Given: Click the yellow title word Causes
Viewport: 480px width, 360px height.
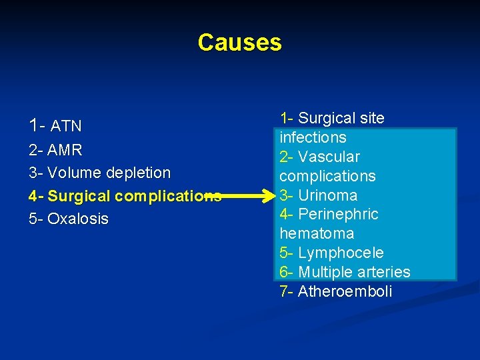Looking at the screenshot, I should click(x=239, y=43).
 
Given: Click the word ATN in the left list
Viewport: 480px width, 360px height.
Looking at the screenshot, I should click(x=66, y=126).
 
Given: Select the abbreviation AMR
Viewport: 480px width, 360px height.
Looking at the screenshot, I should click(x=65, y=149).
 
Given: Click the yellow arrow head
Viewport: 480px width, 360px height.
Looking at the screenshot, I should click(x=270, y=196).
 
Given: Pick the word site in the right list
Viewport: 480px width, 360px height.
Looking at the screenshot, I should click(x=371, y=118).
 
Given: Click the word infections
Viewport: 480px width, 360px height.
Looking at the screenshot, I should click(x=313, y=137).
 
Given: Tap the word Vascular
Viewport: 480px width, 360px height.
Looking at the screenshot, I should click(x=329, y=157).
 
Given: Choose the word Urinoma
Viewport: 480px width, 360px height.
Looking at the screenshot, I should click(x=327, y=195).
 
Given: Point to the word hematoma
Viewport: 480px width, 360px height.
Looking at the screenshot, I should click(x=317, y=233).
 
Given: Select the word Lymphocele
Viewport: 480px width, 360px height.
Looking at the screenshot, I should click(x=341, y=253).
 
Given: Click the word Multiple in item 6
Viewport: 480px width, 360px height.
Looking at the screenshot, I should click(x=325, y=272).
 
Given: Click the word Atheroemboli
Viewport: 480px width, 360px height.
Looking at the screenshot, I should click(x=345, y=291).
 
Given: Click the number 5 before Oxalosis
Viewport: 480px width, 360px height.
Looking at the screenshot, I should click(x=33, y=219).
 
